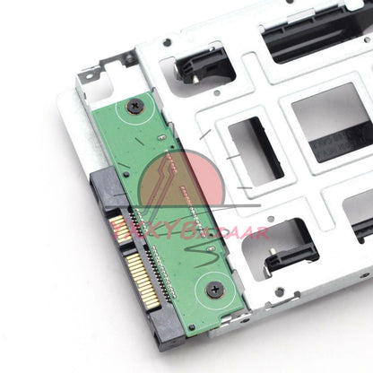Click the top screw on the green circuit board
(135, 107)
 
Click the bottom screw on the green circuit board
(215, 289)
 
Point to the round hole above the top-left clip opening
(167, 42)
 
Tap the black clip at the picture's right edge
(362, 229)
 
